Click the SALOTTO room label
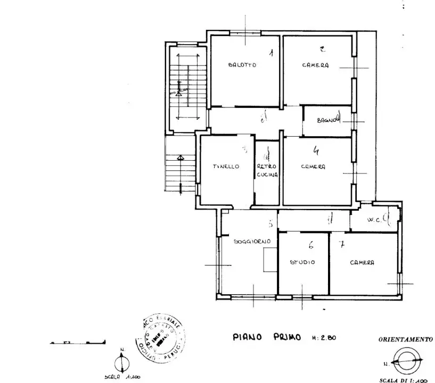point(242,65)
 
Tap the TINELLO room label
point(225,166)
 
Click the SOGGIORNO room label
point(252,241)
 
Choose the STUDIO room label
point(302,262)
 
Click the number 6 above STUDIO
point(310,245)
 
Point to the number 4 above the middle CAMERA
point(316,151)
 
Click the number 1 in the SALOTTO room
point(271,53)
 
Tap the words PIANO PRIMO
point(267,337)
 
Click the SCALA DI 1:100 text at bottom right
point(403,380)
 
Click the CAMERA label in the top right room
point(315,65)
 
